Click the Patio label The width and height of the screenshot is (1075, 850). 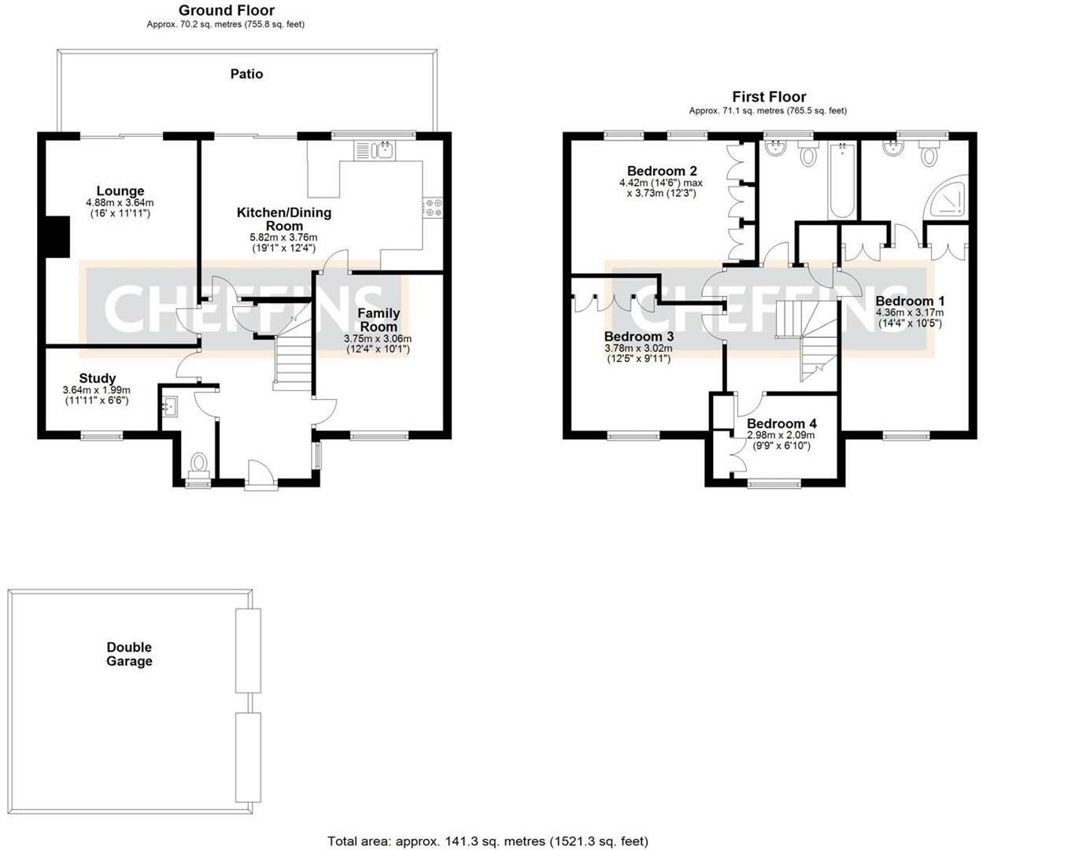coord(246,74)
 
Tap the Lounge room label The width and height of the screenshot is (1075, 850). coord(120,191)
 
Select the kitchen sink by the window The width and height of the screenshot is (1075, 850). coord(375,150)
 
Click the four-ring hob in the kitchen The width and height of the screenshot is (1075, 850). coord(433,208)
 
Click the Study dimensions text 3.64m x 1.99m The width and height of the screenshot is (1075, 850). coord(97,390)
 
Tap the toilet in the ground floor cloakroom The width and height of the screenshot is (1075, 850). coord(199,464)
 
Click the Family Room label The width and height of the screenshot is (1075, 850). coord(379,320)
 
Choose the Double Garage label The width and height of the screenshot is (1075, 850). coord(129,654)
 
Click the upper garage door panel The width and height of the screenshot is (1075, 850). coord(248,650)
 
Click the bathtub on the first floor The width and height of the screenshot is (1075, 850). coord(842,180)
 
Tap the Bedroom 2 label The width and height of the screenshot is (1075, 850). coord(662,171)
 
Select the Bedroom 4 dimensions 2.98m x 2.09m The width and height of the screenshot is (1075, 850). coord(781,435)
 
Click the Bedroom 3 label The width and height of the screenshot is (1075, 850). coord(639,336)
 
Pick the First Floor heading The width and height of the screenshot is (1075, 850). coord(770,97)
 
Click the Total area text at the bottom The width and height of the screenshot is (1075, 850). coord(488,841)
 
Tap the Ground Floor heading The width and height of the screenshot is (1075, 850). coord(227,10)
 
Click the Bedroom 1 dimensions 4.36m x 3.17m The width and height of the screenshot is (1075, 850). coord(910,312)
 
